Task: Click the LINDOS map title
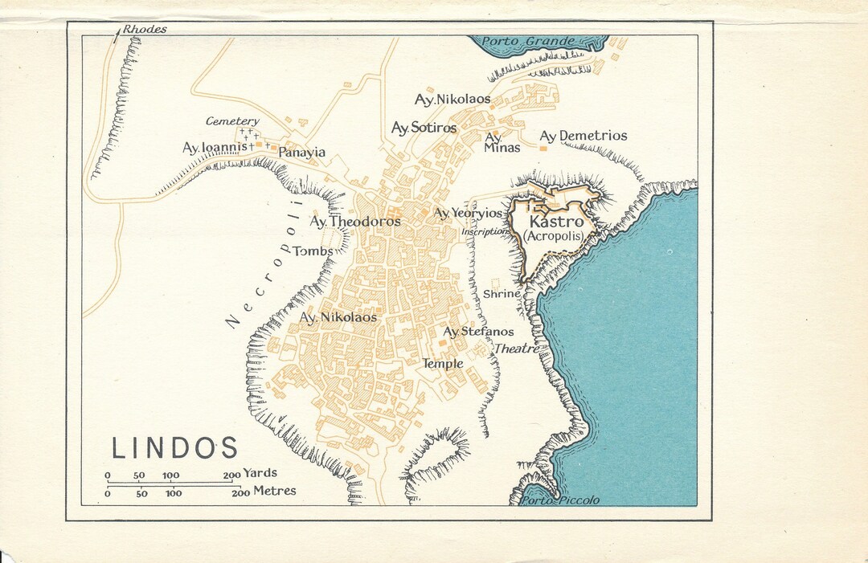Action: pos(174,448)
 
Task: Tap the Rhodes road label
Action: pos(145,30)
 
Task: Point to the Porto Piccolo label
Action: pos(560,500)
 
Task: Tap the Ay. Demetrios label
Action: pos(583,136)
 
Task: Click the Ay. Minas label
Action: pos(502,143)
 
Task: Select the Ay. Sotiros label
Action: pos(424,128)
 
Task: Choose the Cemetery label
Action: pos(232,121)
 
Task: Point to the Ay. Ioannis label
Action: pos(213,148)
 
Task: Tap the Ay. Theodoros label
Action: pos(355,221)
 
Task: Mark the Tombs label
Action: pos(313,251)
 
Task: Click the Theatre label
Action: pos(516,349)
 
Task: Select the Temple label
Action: pos(443,364)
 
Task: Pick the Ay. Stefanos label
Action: pos(478,332)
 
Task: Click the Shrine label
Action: pos(502,294)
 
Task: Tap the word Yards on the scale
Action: pos(260,474)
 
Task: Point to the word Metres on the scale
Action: pos(274,491)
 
